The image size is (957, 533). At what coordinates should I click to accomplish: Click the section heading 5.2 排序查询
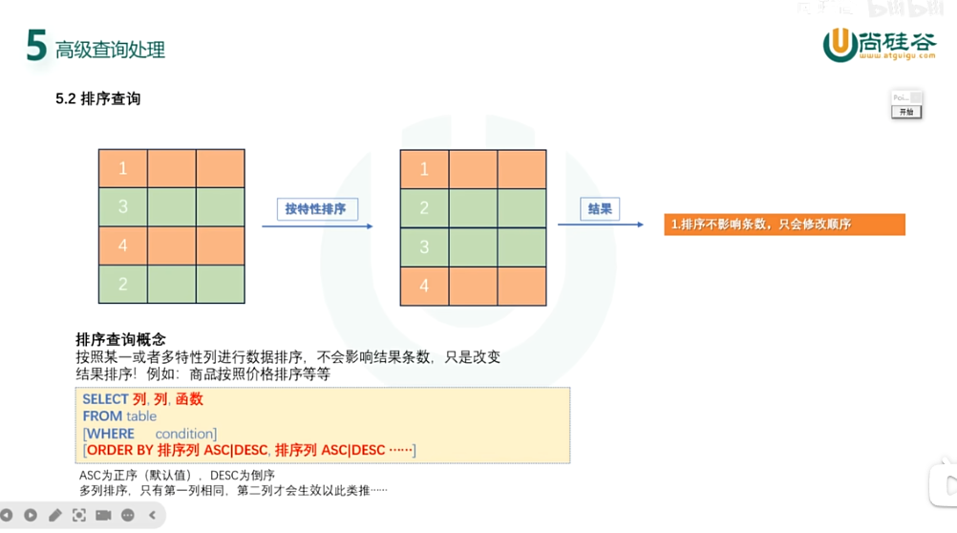(97, 98)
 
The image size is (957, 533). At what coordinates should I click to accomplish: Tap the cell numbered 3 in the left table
(123, 206)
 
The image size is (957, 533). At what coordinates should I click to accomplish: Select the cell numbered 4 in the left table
(123, 245)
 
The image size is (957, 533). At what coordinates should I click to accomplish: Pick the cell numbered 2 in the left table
(123, 284)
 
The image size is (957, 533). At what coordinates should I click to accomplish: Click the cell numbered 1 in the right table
(425, 169)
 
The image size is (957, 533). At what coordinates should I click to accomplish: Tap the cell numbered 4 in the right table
(425, 286)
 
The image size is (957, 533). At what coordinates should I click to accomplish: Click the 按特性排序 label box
(316, 208)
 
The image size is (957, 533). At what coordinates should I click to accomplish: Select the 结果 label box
(600, 208)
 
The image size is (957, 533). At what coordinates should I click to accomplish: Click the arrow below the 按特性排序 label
(317, 226)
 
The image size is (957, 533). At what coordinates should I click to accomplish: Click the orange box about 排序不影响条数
(784, 224)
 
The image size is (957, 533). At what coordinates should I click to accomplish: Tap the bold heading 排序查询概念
(120, 339)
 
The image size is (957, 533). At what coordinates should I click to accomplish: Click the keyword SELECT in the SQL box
(105, 399)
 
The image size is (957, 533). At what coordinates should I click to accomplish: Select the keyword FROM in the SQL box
(102, 416)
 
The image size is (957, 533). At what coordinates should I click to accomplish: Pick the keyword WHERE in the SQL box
(111, 434)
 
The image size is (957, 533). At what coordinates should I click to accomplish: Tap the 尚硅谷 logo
(879, 44)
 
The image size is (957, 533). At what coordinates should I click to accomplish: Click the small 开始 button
(906, 112)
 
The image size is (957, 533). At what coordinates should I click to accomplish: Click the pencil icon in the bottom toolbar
(54, 516)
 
